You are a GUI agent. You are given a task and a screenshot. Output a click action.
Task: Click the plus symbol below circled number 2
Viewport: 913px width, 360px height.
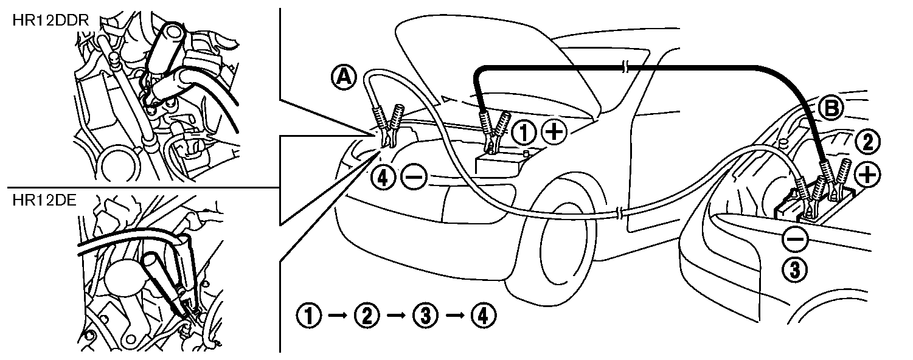coord(867,175)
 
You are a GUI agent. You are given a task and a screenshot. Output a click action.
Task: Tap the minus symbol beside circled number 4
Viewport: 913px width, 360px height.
coord(414,178)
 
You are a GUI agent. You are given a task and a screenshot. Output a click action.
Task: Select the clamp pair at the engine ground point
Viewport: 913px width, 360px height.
coord(388,125)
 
